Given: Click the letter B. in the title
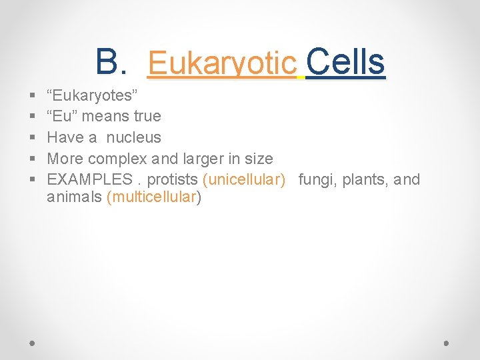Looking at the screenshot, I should (111, 63).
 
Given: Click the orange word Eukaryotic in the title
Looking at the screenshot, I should (222, 63).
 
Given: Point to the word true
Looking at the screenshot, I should (147, 116).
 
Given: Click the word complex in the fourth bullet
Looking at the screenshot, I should (115, 159).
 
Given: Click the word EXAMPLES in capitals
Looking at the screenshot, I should (89, 180).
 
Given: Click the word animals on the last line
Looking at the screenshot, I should (74, 197).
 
